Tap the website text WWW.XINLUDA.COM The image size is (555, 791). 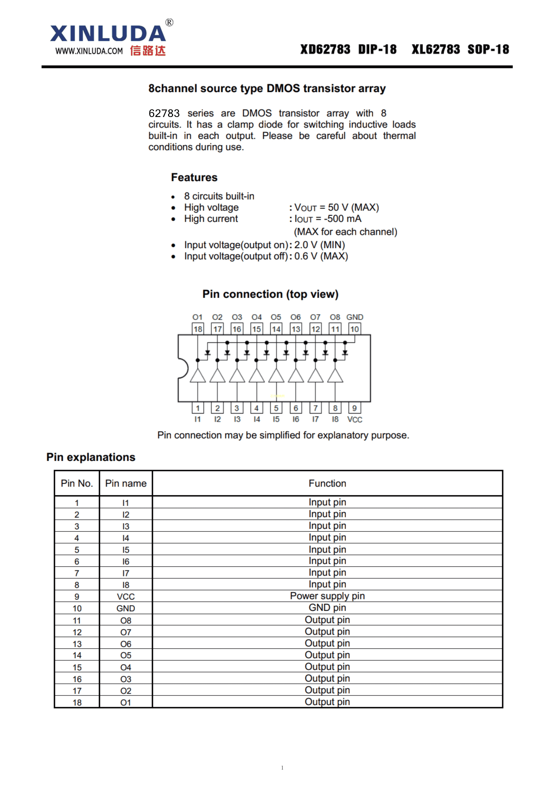tap(89, 51)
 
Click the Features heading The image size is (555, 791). tap(194, 177)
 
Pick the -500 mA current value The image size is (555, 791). tap(342, 219)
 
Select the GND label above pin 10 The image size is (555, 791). tap(354, 317)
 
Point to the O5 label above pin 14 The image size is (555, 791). tap(276, 317)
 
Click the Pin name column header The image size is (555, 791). tap(126, 483)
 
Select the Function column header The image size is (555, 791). tap(327, 483)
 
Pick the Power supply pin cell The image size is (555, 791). tap(327, 596)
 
